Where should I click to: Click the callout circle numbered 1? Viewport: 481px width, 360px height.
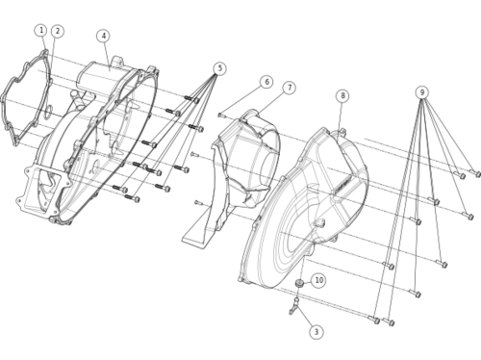(x=41, y=31)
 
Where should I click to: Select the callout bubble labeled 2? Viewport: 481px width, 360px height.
(x=58, y=31)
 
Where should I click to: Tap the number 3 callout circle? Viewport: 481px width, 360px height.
(x=316, y=332)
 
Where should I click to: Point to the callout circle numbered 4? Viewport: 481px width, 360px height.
(x=103, y=36)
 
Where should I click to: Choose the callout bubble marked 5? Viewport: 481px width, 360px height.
(x=219, y=68)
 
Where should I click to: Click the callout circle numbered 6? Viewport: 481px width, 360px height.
(x=266, y=82)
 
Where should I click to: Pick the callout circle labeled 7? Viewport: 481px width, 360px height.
(x=290, y=88)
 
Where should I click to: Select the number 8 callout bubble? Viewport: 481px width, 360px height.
(x=342, y=95)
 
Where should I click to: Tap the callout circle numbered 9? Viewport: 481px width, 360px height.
(x=422, y=92)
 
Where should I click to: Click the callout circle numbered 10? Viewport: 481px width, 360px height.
(x=318, y=280)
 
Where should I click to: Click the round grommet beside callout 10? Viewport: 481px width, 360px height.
(x=300, y=283)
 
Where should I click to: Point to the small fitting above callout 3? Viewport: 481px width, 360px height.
(x=294, y=306)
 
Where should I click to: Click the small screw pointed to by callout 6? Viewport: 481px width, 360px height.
(x=220, y=115)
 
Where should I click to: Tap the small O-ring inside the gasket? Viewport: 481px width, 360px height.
(x=47, y=111)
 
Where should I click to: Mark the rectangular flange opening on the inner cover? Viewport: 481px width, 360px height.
(x=43, y=190)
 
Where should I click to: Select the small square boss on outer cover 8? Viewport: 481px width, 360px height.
(x=319, y=222)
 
